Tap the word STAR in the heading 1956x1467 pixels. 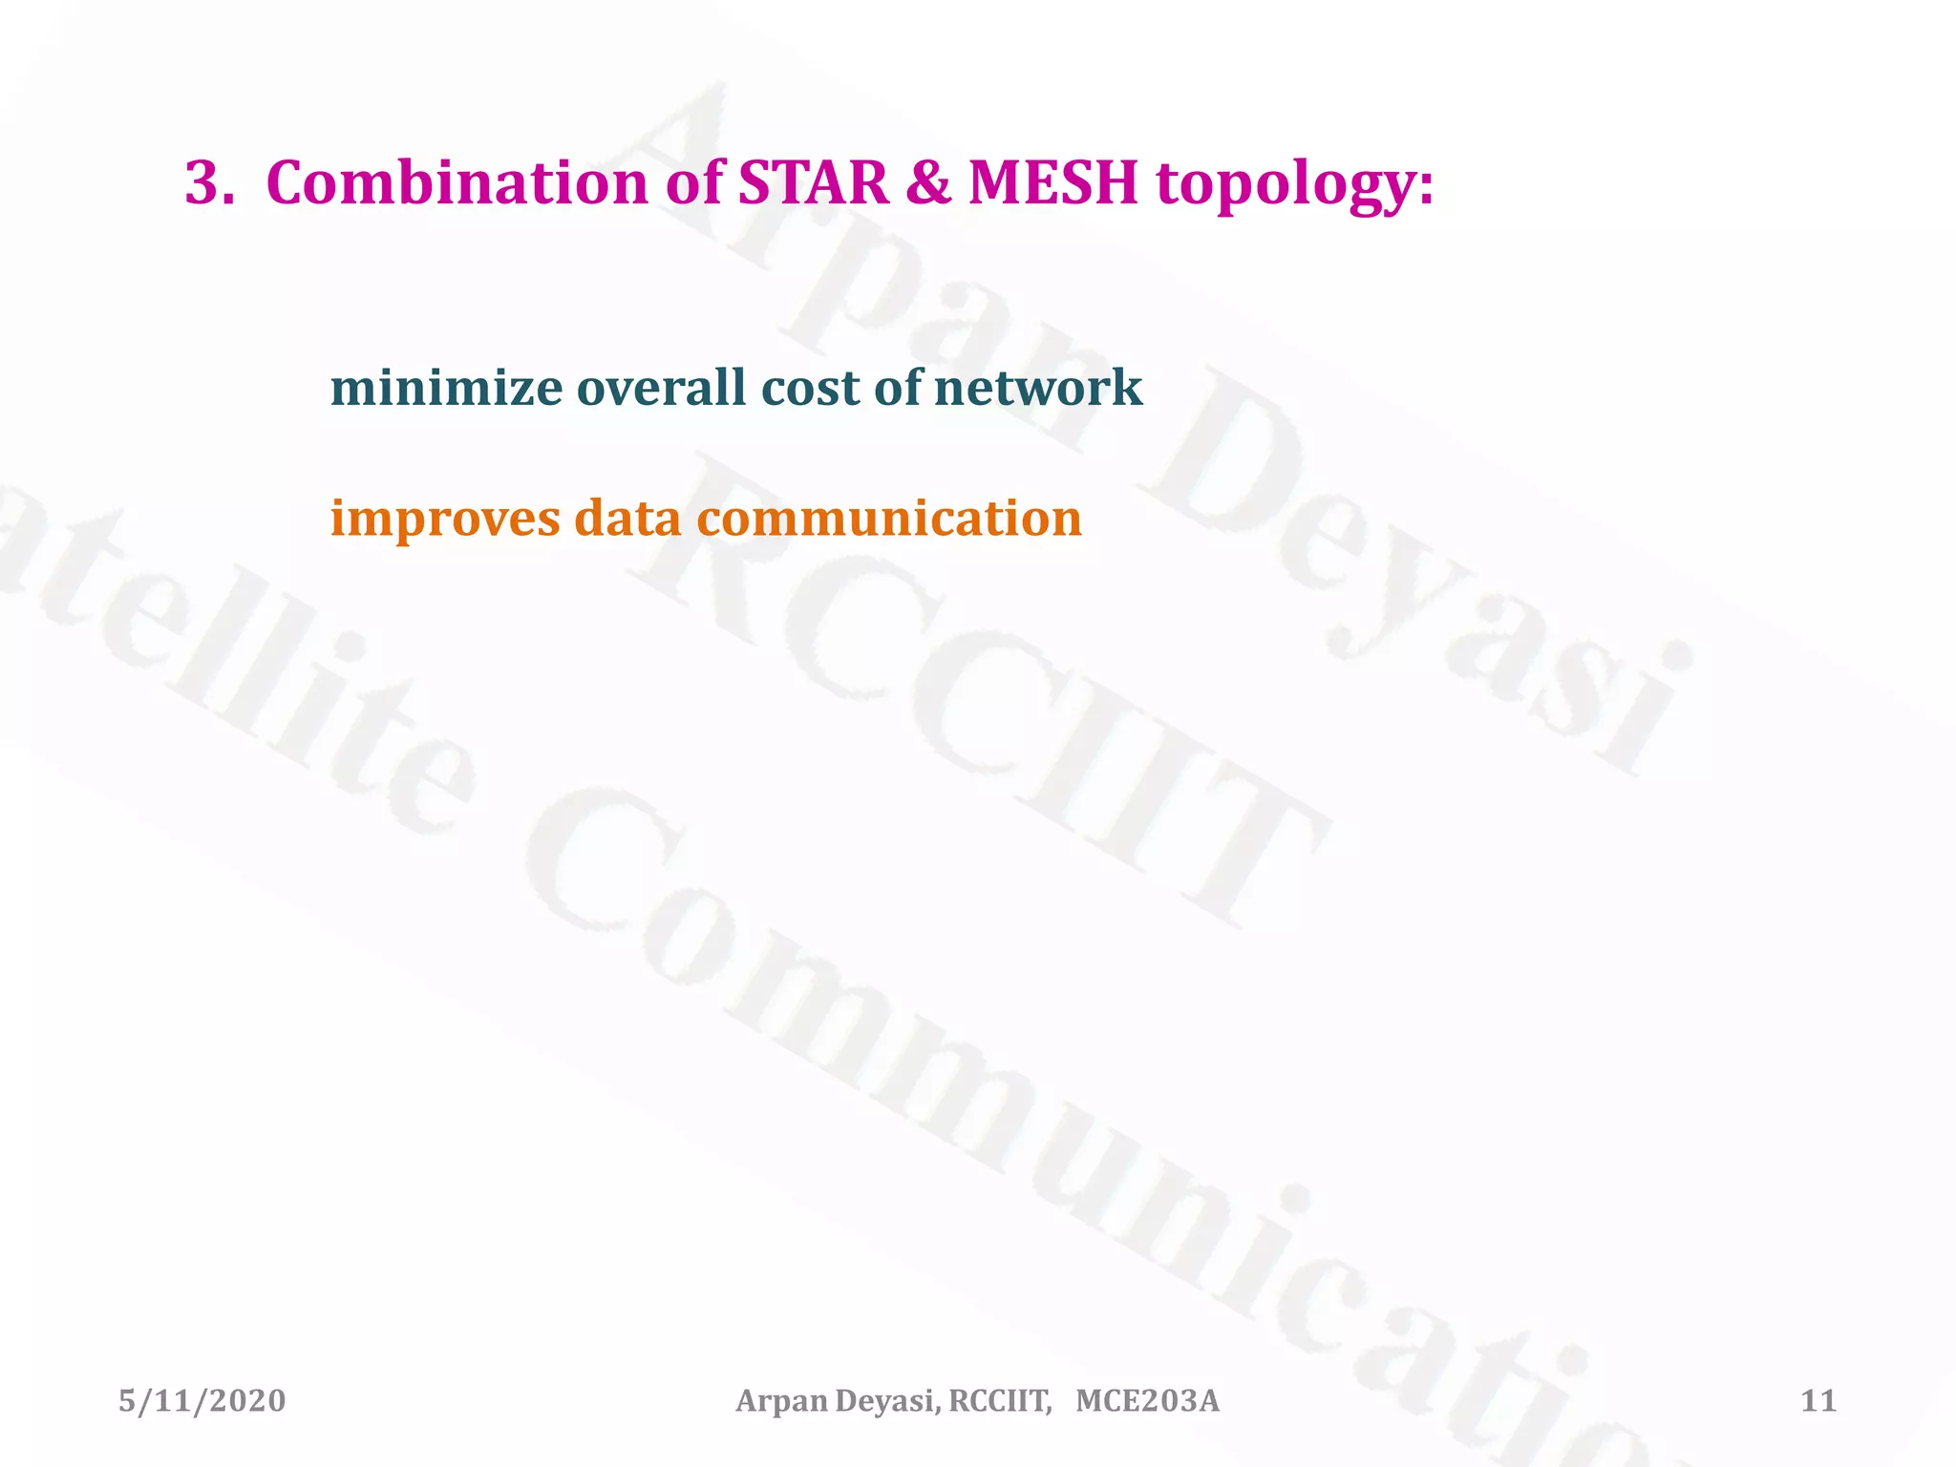[813, 182]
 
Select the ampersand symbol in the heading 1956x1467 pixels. [927, 182]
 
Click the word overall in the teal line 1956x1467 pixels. [660, 388]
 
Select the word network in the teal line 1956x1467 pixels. [1037, 388]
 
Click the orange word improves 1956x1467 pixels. [445, 520]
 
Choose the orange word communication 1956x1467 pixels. [889, 518]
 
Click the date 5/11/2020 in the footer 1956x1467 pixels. [202, 1401]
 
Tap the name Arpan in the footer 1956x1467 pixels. [782, 1401]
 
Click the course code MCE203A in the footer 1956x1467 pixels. [1147, 1401]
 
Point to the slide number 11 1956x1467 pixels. [1818, 1401]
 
